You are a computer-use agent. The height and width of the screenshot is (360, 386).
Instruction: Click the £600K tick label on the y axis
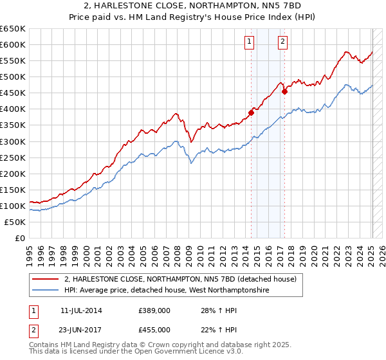[x=13, y=44]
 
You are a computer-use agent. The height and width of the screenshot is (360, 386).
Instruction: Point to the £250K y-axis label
[x=13, y=157]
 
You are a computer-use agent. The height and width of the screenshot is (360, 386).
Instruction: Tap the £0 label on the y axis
[x=19, y=238]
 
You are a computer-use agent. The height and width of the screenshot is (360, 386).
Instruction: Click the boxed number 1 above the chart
[x=249, y=42]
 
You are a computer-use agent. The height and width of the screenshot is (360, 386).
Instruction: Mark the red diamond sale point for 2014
[x=252, y=113]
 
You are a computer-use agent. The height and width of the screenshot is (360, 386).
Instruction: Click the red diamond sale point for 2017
[x=284, y=92]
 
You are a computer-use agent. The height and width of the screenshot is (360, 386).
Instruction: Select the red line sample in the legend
[x=45, y=280]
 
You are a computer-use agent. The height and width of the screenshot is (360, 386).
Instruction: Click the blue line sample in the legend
[x=45, y=291]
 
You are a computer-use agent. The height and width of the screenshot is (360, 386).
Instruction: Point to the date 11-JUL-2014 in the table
[x=80, y=310]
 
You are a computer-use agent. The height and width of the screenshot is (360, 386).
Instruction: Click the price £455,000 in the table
[x=154, y=329]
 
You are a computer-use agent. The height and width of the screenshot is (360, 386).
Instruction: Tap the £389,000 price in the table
[x=154, y=310]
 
